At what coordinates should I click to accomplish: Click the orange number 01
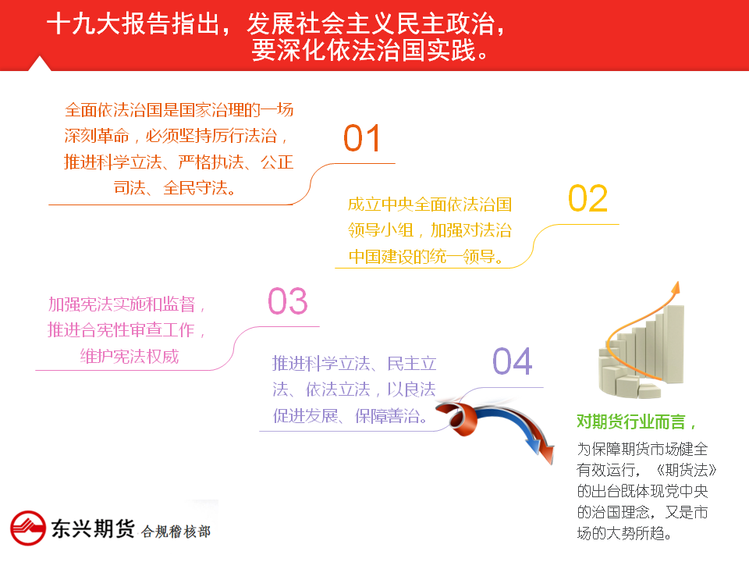pyautogui.click(x=361, y=139)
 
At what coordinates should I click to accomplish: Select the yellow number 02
pyautogui.click(x=587, y=199)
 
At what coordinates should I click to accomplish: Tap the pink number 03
pyautogui.click(x=288, y=301)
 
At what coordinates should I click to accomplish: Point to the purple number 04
pyautogui.click(x=513, y=361)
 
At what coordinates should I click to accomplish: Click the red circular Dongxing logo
pyautogui.click(x=28, y=528)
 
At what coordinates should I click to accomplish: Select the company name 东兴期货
pyautogui.click(x=93, y=528)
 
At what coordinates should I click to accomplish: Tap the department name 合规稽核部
pyautogui.click(x=176, y=532)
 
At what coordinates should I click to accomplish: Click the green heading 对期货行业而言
pyautogui.click(x=631, y=421)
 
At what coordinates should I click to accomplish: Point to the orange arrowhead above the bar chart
pyautogui.click(x=676, y=288)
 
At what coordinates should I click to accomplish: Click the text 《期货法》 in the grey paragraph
pyautogui.click(x=686, y=470)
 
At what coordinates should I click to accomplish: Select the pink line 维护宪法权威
pyautogui.click(x=130, y=357)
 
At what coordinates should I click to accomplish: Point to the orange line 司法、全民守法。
pyautogui.click(x=175, y=188)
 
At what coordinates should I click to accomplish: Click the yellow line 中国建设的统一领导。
pyautogui.click(x=426, y=257)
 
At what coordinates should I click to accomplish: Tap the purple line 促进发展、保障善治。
pyautogui.click(x=350, y=416)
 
